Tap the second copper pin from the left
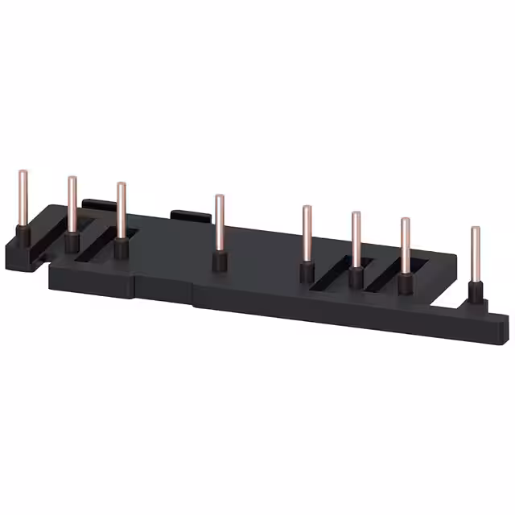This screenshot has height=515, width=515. [x=72, y=204]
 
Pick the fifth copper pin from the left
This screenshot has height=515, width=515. [x=307, y=233]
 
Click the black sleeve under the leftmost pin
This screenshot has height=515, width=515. [x=24, y=235]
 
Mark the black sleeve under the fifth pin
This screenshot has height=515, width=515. [x=307, y=272]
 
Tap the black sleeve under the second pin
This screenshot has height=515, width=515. [x=72, y=242]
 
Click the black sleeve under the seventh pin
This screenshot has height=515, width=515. [x=405, y=285]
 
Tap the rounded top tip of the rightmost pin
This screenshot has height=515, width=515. [x=476, y=230]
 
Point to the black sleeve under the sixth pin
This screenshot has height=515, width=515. [x=356, y=278]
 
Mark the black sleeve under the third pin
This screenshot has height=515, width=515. [x=121, y=247]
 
